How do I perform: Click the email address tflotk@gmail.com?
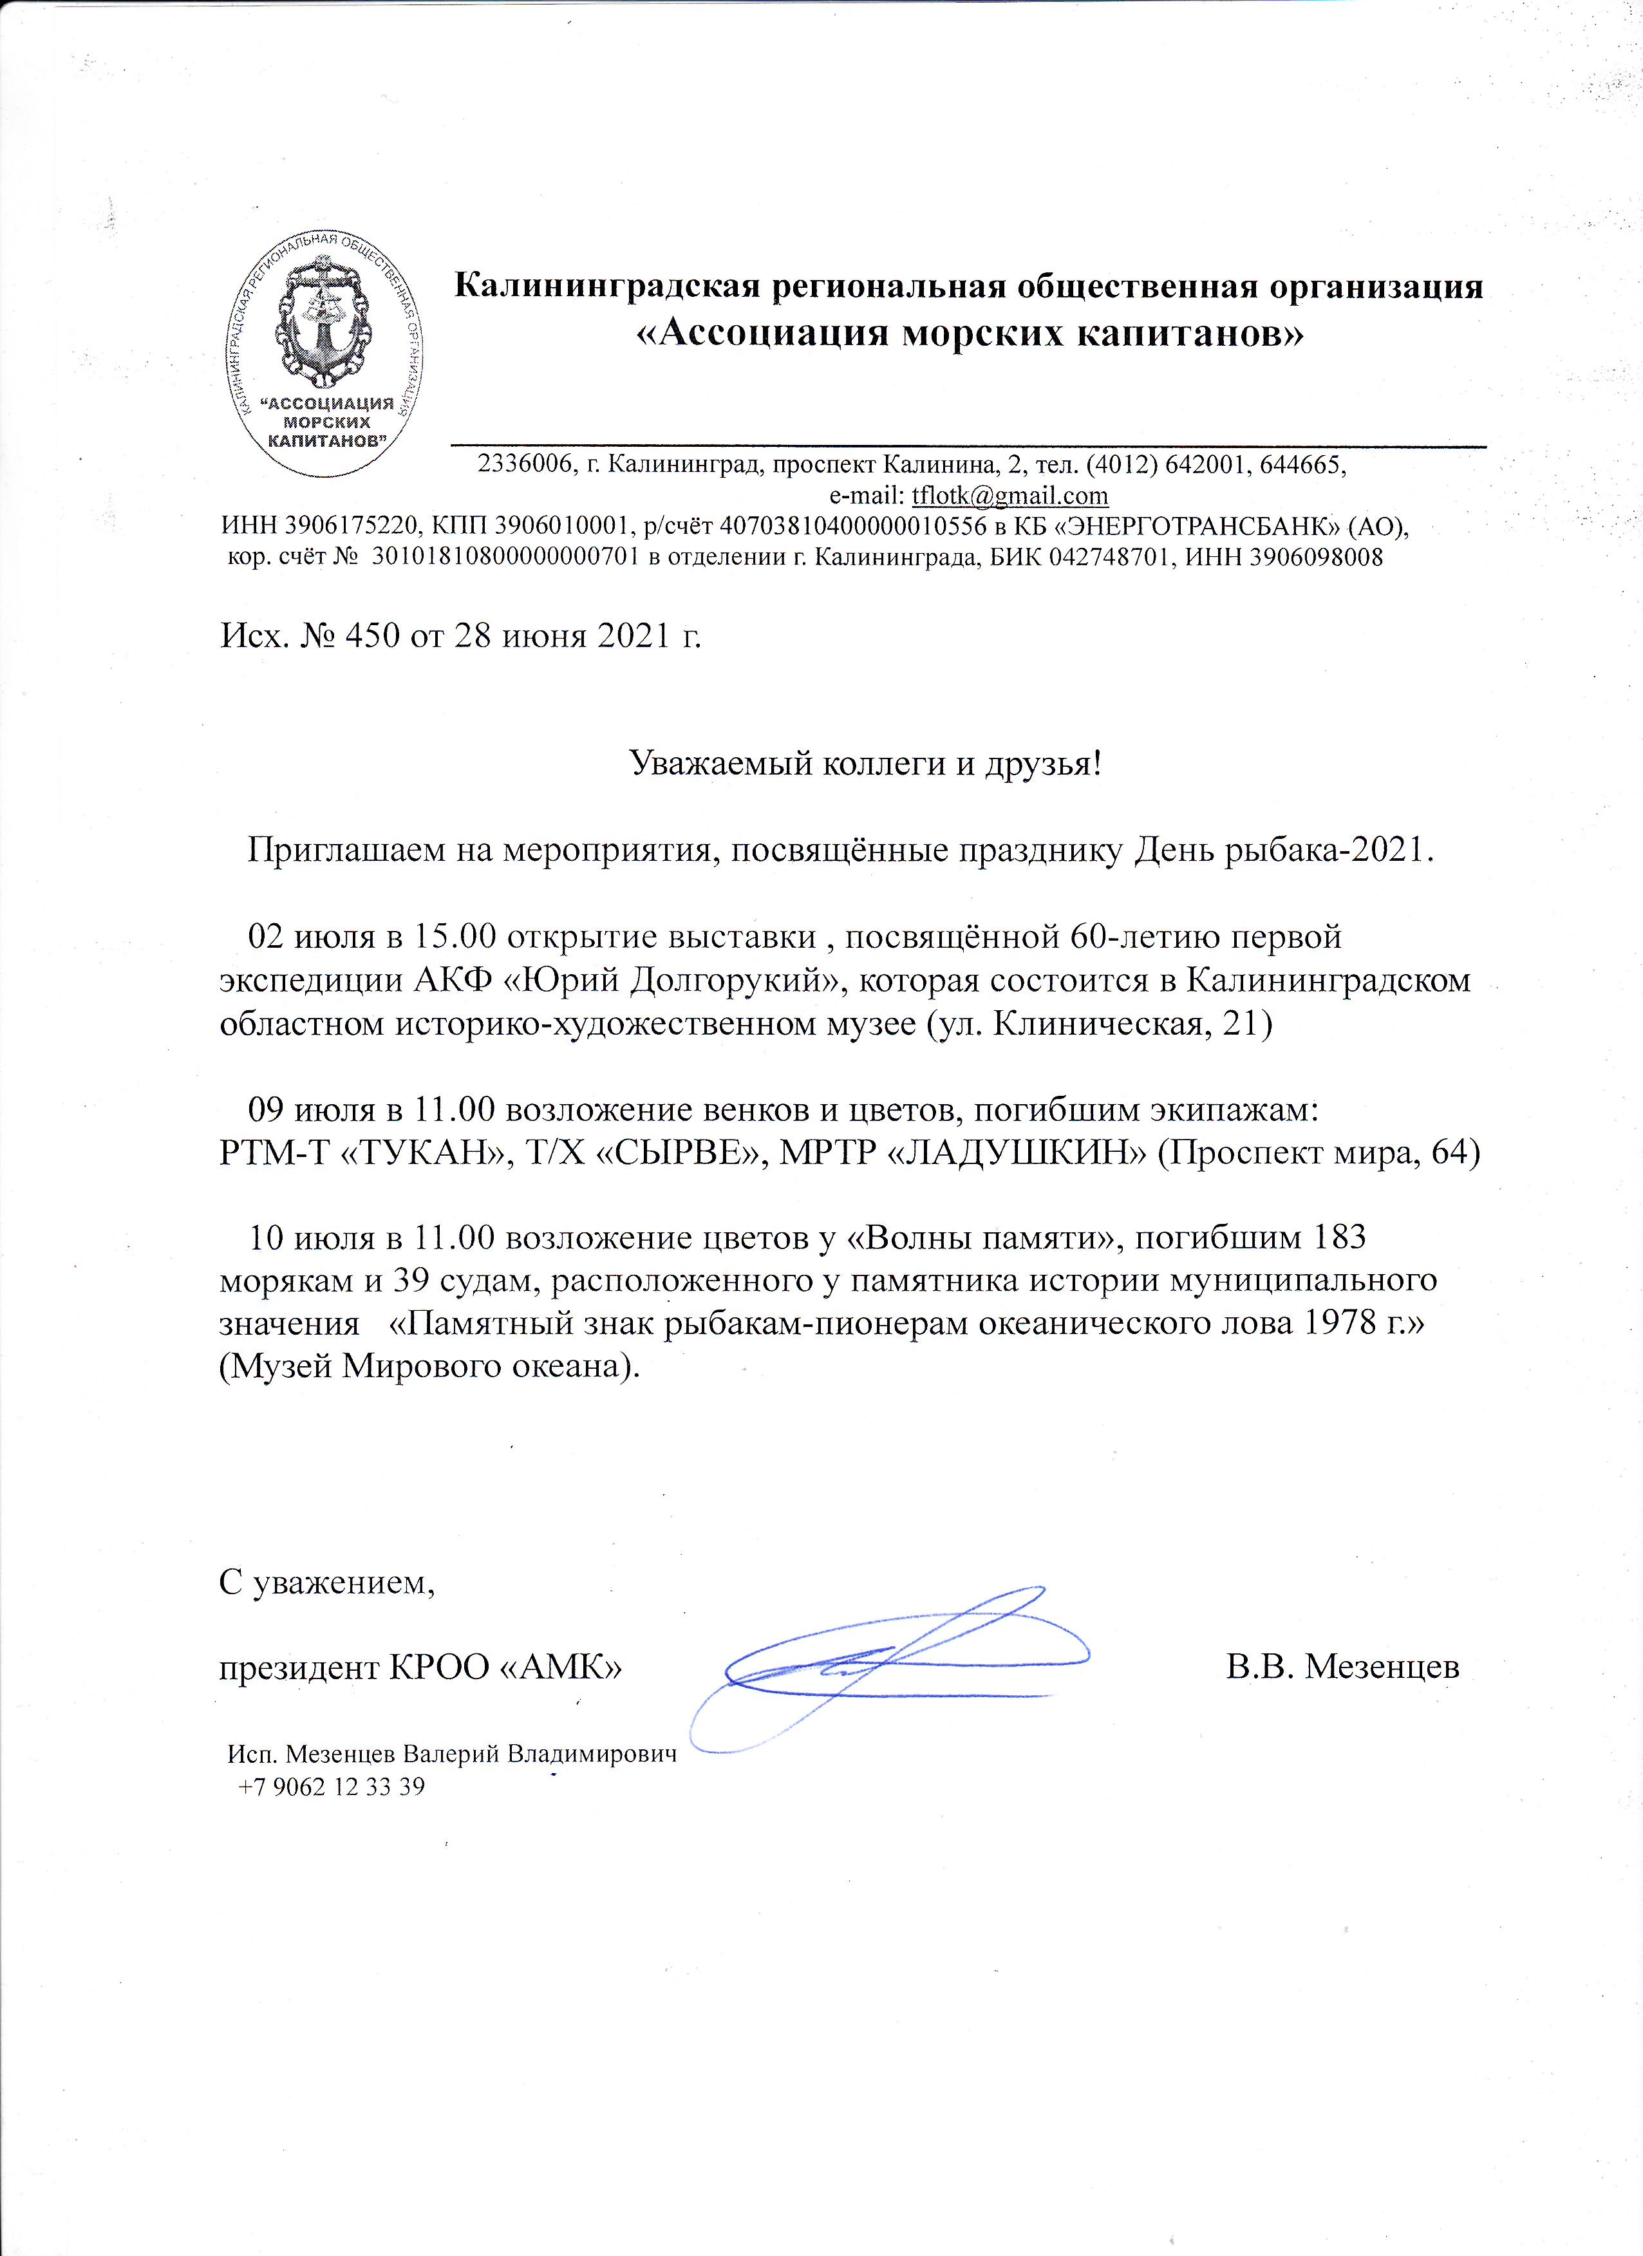pyautogui.click(x=1009, y=495)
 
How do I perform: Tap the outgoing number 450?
pyautogui.click(x=372, y=635)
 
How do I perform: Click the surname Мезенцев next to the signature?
pyautogui.click(x=1382, y=1666)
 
